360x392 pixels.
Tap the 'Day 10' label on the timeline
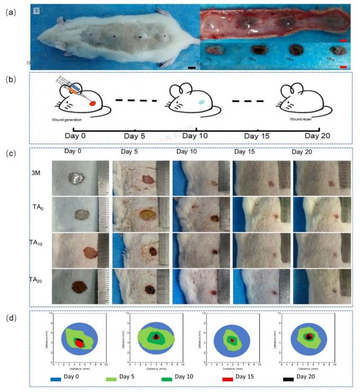tap(196, 136)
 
